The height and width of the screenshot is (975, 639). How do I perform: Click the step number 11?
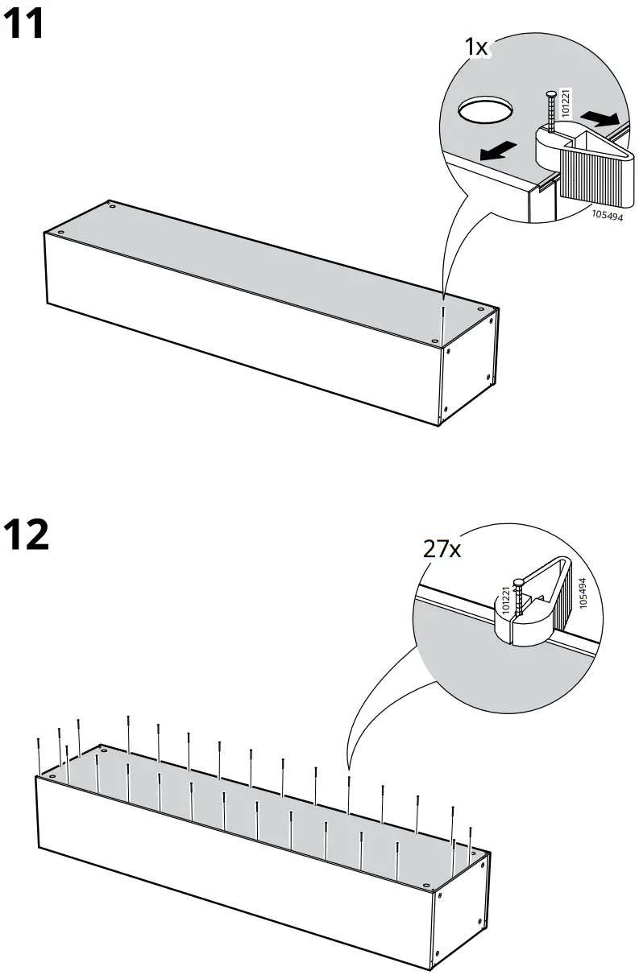[24, 26]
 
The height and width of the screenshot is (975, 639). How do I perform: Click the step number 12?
[27, 535]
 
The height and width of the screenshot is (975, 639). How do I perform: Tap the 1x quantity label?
[476, 48]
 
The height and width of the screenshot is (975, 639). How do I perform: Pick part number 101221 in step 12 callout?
[507, 600]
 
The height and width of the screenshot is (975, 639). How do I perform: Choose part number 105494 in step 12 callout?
[583, 592]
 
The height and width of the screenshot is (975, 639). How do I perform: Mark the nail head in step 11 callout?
[550, 95]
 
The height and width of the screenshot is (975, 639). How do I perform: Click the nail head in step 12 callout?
[519, 582]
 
